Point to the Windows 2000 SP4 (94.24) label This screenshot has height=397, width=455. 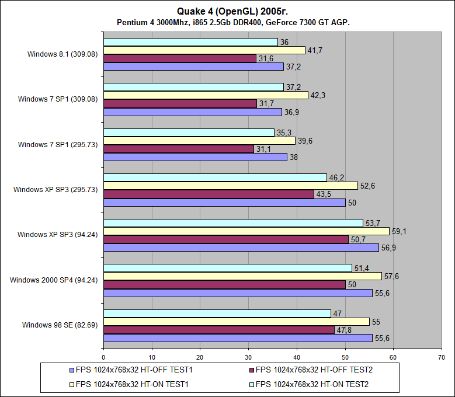point(54,280)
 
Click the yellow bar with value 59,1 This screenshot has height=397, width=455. point(246,231)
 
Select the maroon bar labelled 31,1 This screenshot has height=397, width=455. point(178,149)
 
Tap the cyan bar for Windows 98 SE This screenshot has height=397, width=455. point(217,314)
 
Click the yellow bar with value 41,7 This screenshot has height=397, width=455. point(204,50)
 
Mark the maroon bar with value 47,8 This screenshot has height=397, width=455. point(218,330)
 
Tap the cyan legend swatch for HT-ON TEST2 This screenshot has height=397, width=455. point(251,384)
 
